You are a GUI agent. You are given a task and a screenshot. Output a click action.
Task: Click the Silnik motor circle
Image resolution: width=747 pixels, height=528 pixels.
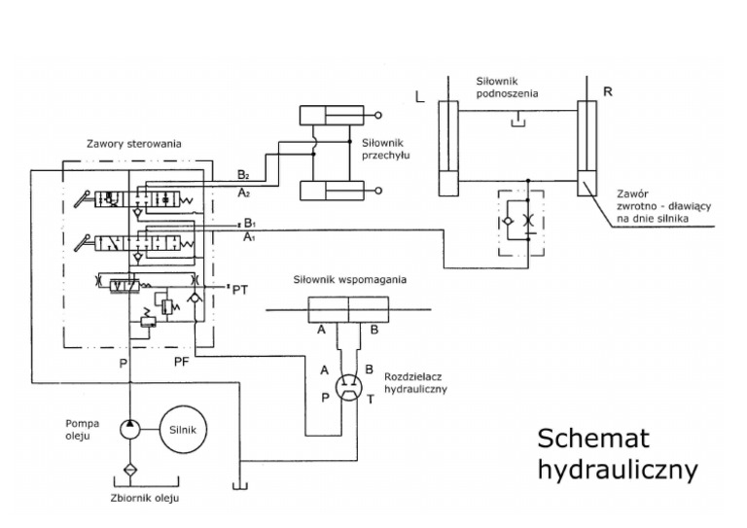pos(185,427)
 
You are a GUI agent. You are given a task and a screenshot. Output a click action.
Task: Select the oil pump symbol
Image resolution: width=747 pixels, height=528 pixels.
pos(128,427)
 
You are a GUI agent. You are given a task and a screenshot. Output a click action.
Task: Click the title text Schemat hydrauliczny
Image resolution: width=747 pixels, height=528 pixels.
pos(617,453)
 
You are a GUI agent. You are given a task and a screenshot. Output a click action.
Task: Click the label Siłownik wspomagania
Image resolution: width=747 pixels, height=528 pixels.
pos(349,280)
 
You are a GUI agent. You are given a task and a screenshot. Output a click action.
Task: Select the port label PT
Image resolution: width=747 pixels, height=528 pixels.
pos(241,289)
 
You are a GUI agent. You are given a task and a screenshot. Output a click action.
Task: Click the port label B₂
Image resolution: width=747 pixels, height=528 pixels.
pos(242,175)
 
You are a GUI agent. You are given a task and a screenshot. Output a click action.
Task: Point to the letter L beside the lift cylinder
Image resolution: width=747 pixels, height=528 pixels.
pos(419,97)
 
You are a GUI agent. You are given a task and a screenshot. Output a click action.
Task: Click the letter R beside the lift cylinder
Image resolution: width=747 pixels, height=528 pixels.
pos(607,91)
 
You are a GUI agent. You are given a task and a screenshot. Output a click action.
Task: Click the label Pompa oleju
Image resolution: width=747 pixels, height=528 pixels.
pos(78,430)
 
